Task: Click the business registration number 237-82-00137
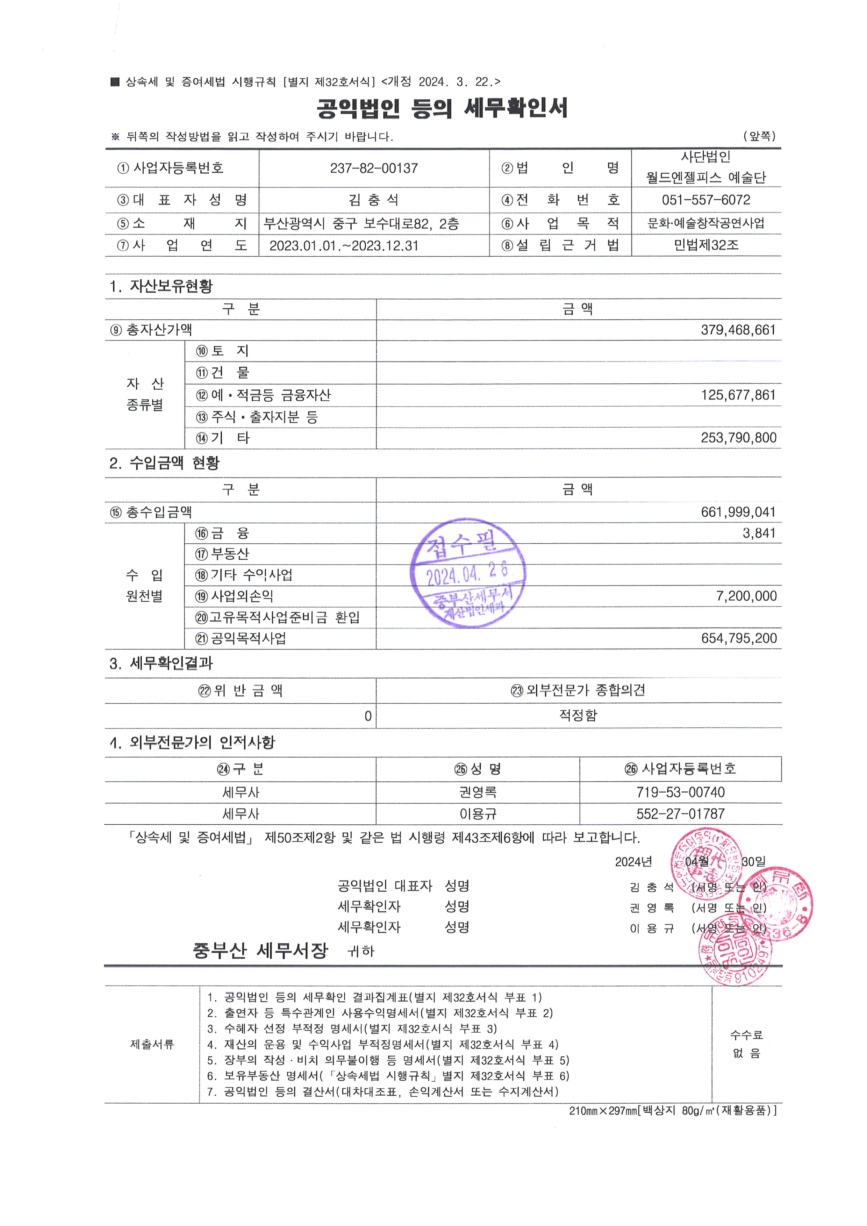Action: coord(374,168)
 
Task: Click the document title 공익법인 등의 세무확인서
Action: coord(442,108)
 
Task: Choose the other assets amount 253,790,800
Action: coord(738,438)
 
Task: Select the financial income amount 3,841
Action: coord(759,533)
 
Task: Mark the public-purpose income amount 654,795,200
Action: coord(739,638)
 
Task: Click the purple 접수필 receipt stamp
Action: coord(468,572)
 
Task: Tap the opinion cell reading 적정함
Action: coord(578,715)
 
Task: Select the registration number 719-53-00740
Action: coord(680,793)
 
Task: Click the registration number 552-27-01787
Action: coord(680,814)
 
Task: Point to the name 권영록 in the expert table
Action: coord(478,793)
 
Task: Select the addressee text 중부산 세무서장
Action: coord(260,951)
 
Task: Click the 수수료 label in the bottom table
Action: coord(746,1035)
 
